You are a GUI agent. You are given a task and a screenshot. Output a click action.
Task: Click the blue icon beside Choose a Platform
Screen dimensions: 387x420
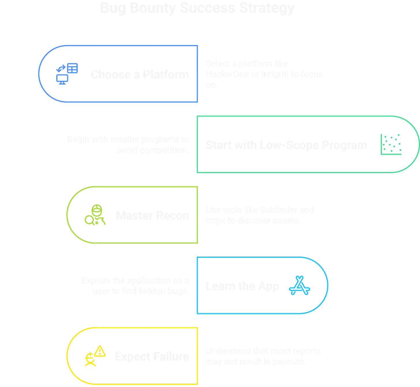click(67, 74)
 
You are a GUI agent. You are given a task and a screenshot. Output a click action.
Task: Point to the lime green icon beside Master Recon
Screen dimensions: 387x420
click(95, 215)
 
